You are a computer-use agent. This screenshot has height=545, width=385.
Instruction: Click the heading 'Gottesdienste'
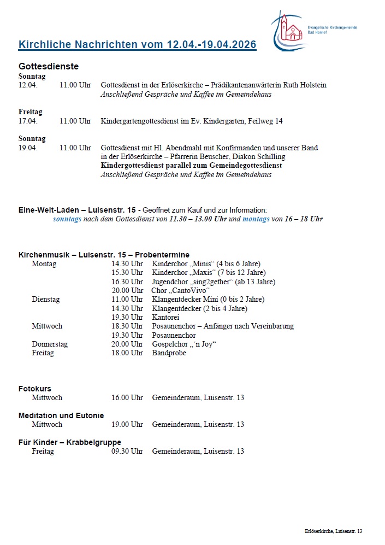coord(49,66)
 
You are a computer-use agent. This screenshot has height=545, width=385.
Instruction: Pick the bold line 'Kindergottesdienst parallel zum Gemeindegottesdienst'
coord(191,165)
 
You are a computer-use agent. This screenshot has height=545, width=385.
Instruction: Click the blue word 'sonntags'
coord(67,219)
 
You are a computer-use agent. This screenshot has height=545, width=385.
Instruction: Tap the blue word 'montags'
coord(256,219)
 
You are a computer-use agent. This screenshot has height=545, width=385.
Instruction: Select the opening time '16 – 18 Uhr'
coord(303,219)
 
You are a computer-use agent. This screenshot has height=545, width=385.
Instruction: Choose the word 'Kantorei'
coord(166,317)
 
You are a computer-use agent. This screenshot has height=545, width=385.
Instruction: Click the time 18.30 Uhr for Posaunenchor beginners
coord(127,326)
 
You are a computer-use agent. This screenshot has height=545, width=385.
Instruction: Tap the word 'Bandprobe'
coord(169,353)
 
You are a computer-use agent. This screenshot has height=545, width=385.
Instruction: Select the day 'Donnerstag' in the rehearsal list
coord(50,344)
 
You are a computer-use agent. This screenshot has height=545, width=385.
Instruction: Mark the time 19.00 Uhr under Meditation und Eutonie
coord(127,424)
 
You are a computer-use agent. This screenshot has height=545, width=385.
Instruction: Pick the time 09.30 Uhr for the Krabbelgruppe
coord(127,451)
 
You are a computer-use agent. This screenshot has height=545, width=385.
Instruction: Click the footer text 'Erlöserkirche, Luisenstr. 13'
coord(333,531)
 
